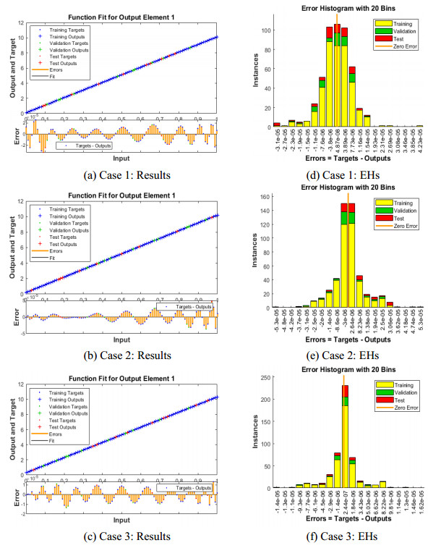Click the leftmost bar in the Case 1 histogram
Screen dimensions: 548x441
pyautogui.click(x=277, y=125)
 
